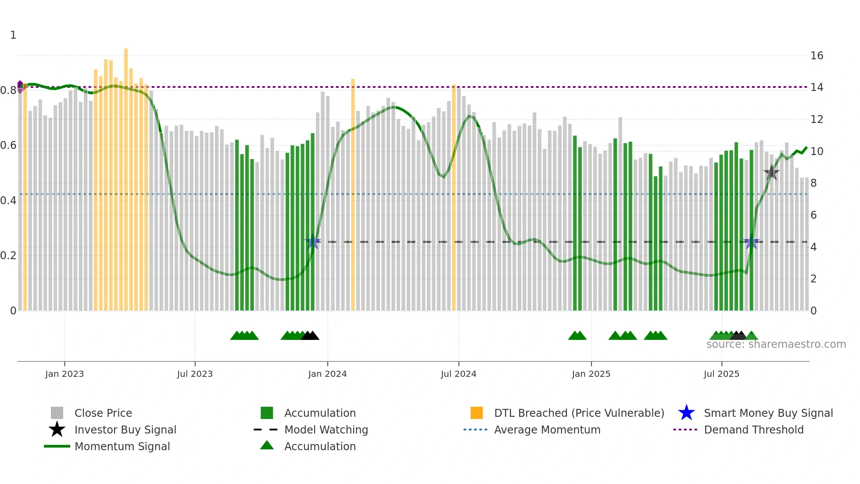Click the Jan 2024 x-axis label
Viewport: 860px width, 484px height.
tap(327, 374)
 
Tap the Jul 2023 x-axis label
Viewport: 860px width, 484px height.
tap(195, 374)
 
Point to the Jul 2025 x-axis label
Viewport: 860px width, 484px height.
tap(721, 374)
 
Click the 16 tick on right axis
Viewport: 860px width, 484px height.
tap(817, 56)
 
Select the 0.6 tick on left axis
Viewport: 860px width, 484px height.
tap(8, 145)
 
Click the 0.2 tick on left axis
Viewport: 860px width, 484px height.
tap(8, 256)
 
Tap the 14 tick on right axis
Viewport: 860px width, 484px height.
tap(817, 87)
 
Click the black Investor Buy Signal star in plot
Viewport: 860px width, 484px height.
tap(771, 173)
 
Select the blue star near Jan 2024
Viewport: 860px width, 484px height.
tap(312, 242)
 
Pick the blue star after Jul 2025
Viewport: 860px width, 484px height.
tap(751, 242)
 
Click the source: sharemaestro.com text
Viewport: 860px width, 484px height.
tap(776, 344)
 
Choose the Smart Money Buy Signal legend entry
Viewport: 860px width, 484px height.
tap(768, 413)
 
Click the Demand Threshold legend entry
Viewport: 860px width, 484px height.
tap(753, 430)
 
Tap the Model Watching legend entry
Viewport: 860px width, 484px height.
tap(326, 430)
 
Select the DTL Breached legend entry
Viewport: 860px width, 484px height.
tap(579, 413)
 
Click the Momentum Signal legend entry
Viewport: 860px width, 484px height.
tap(122, 446)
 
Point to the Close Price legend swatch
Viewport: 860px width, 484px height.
tap(57, 413)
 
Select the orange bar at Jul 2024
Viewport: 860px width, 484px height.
tap(454, 198)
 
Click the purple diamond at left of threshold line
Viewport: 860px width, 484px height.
tap(20, 87)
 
